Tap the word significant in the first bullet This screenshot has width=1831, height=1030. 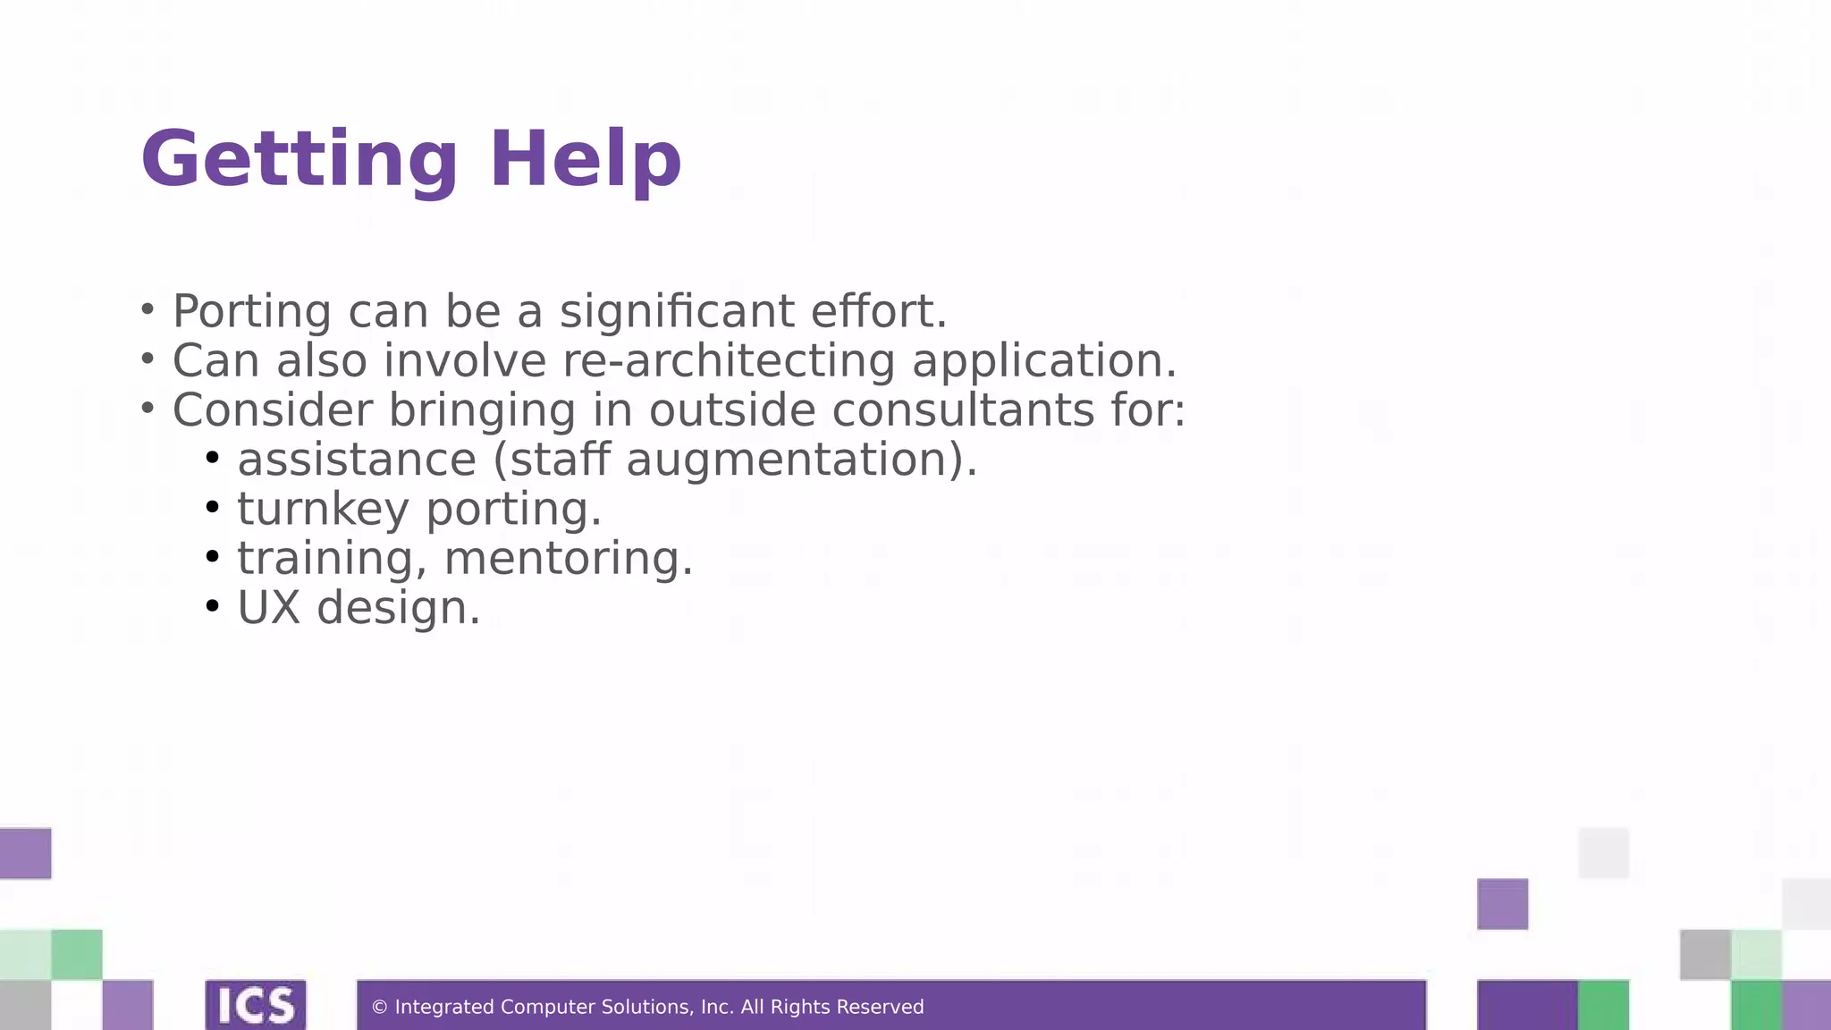pos(677,312)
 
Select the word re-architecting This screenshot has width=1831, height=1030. pos(729,361)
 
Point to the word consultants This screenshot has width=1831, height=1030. pos(964,410)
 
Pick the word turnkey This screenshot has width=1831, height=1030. pos(323,510)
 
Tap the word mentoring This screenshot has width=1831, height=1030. pos(569,559)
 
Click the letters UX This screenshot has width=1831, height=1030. pos(268,608)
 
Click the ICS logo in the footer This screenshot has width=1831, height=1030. pos(256,1005)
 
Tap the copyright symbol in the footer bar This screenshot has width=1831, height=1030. pos(379,1008)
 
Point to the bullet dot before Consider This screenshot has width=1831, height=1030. pos(148,409)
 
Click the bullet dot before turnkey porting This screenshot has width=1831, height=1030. pos(212,508)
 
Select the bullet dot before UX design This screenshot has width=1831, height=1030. pos(212,606)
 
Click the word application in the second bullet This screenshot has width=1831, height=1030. pos(1044,361)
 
